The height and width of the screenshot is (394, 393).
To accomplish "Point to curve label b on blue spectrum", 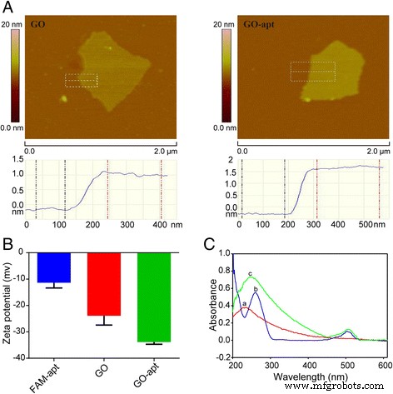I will point(256,288).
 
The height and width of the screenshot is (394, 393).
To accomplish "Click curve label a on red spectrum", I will point(243,304).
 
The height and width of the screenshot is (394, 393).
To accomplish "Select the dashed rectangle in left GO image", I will point(81,81).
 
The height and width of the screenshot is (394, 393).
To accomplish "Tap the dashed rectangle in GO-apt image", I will point(312,71).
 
